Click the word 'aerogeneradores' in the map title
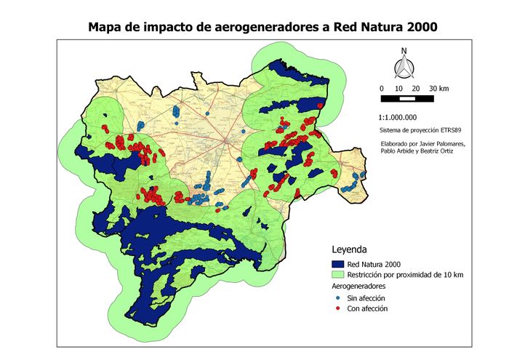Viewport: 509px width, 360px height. [270, 28]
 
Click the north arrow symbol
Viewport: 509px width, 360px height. [403, 67]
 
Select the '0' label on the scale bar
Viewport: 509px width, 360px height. [382, 87]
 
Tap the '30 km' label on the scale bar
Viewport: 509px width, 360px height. [438, 87]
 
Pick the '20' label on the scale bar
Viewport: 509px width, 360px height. [416, 87]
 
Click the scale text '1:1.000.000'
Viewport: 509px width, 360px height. [398, 116]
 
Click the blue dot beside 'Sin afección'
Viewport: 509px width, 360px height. [337, 298]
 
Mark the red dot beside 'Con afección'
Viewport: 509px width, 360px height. [337, 309]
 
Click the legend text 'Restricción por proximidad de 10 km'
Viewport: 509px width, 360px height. [406, 275]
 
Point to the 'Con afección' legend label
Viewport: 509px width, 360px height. [368, 309]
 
